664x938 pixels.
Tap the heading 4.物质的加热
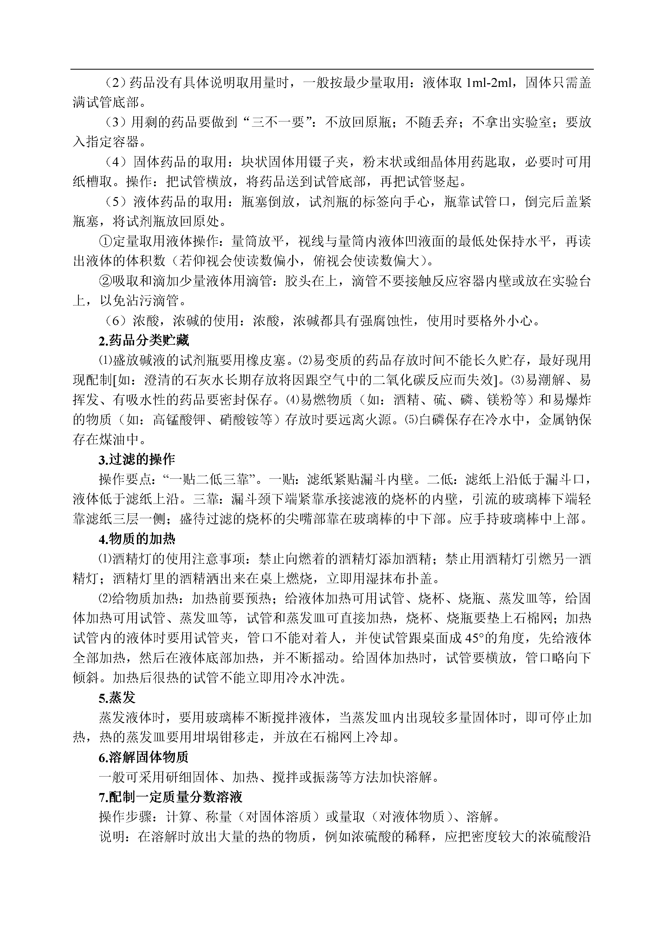coord(137,539)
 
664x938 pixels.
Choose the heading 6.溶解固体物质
coord(143,757)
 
